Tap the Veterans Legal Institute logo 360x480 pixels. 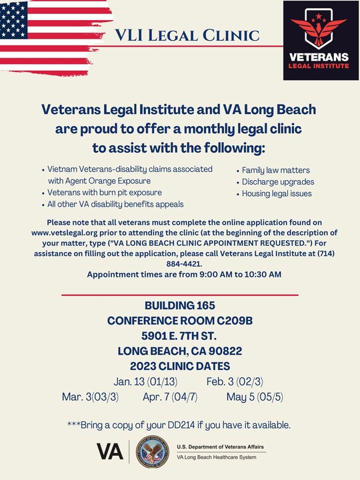click(316, 40)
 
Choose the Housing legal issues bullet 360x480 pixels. click(277, 193)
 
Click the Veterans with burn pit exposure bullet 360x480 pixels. click(105, 192)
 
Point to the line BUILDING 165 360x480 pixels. click(180, 306)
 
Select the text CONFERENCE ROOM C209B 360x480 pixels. click(180, 321)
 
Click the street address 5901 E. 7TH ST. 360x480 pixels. click(180, 336)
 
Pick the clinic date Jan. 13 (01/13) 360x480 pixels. click(146, 381)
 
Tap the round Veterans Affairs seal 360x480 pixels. click(153, 452)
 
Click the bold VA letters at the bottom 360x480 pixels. click(110, 452)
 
